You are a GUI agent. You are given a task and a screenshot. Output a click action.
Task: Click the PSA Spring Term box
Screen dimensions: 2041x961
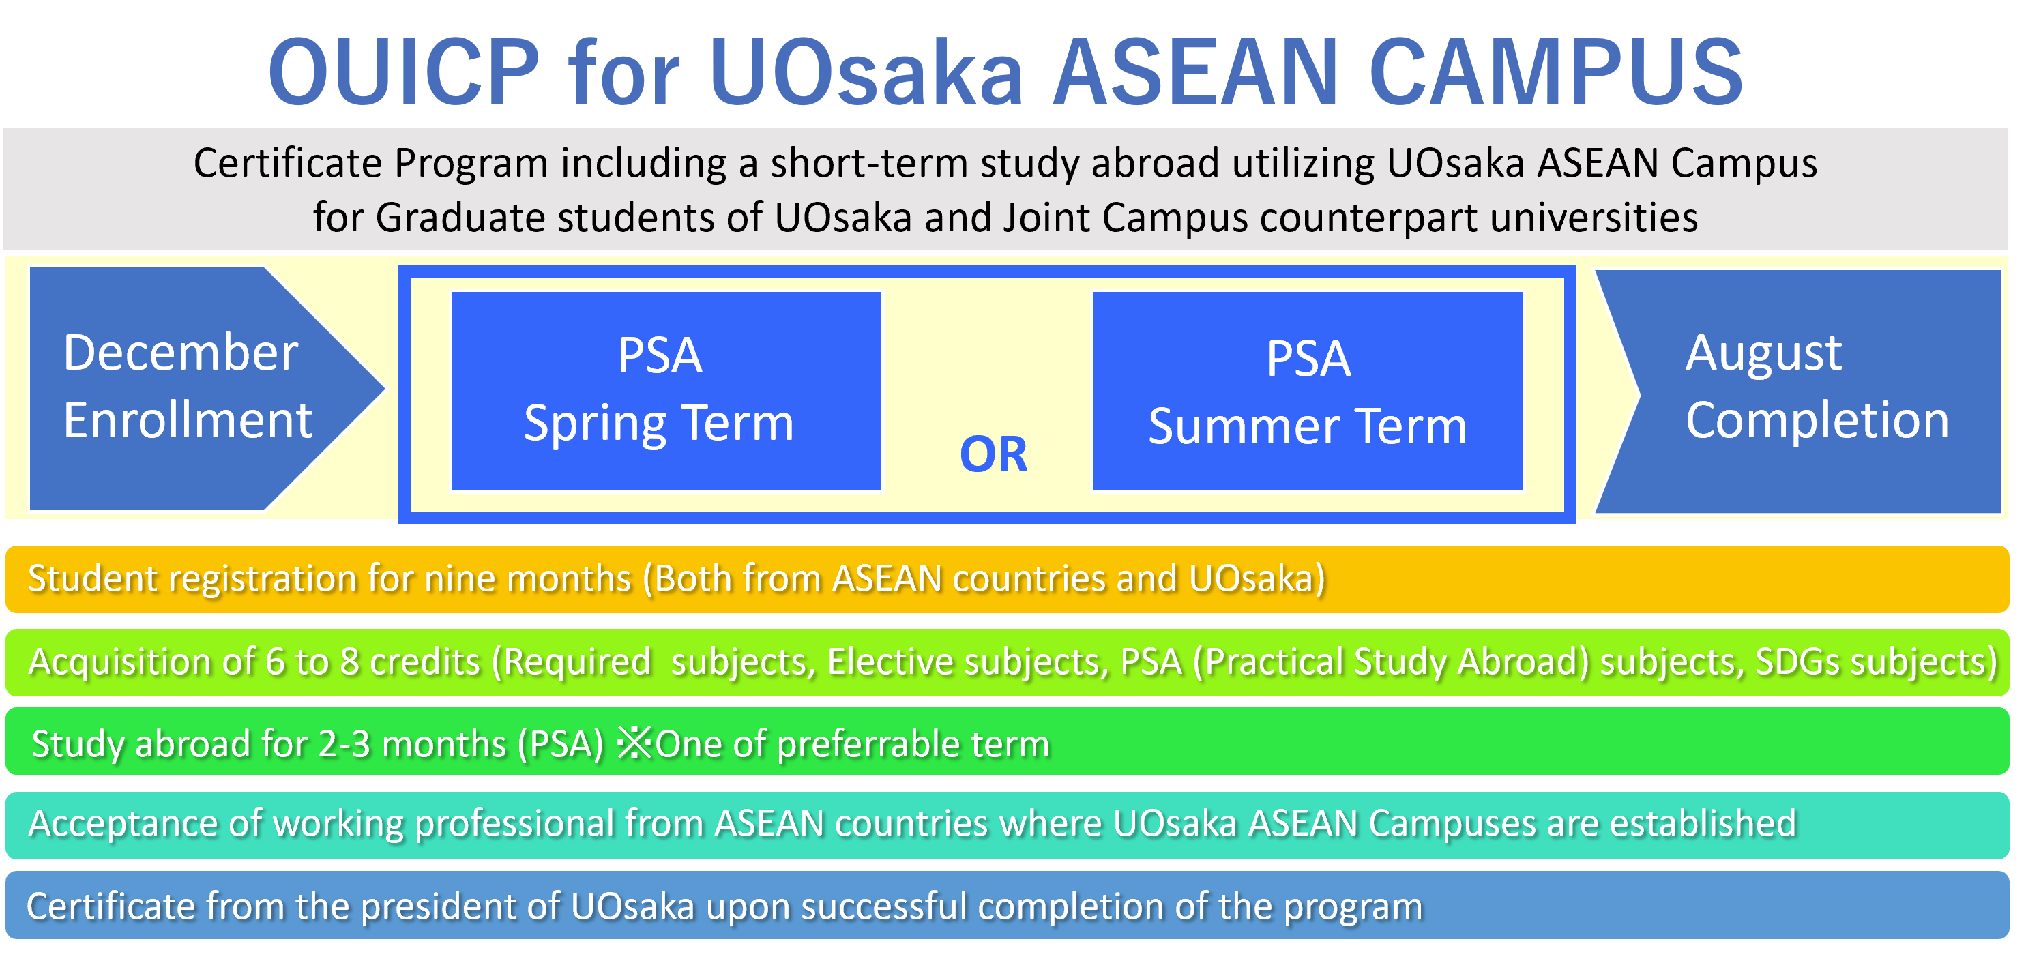coord(666,391)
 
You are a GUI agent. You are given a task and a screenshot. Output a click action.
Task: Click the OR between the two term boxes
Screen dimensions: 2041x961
coord(994,455)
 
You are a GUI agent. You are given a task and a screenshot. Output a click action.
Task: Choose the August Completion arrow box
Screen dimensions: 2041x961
coord(1797,391)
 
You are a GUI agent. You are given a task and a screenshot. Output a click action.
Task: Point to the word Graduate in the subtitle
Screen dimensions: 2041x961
coord(460,217)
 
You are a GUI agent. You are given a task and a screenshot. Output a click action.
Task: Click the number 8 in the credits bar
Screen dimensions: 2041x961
coord(349,662)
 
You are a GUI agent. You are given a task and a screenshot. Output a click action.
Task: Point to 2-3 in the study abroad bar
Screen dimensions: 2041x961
coord(344,745)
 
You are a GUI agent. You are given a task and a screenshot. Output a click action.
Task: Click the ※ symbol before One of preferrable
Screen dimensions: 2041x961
coord(634,744)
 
